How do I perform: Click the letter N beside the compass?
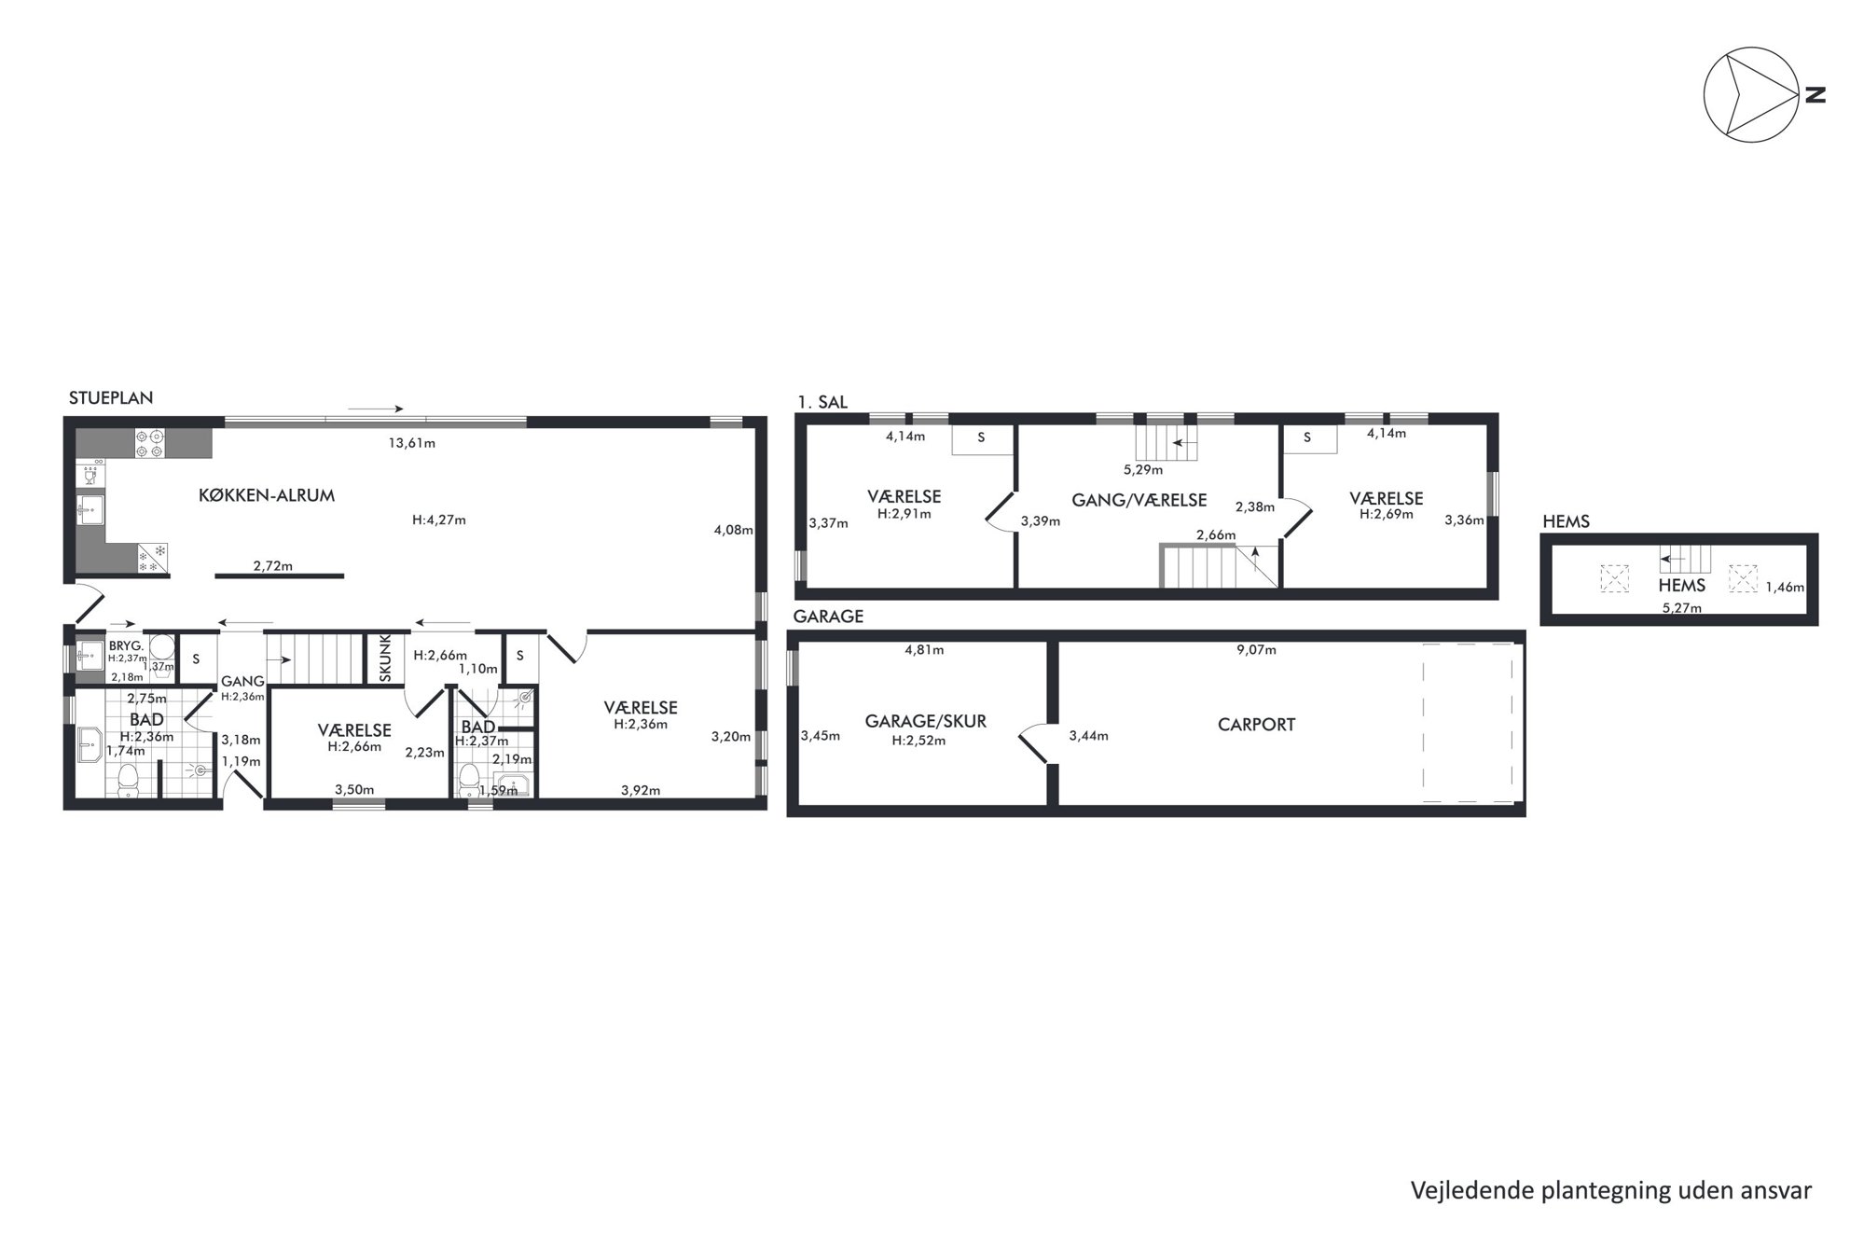pyautogui.click(x=1815, y=94)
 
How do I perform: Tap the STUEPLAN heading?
pyautogui.click(x=111, y=397)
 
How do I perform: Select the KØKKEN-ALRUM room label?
pyautogui.click(x=267, y=495)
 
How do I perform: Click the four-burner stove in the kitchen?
pyautogui.click(x=150, y=442)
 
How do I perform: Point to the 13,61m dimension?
pyautogui.click(x=412, y=443)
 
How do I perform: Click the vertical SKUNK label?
pyautogui.click(x=385, y=658)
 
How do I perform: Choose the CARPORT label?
pyautogui.click(x=1256, y=724)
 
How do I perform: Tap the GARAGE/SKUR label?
pyautogui.click(x=925, y=721)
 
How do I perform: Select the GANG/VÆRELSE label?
pyautogui.click(x=1139, y=500)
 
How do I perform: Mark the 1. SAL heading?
pyautogui.click(x=822, y=402)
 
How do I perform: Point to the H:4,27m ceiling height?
pyautogui.click(x=439, y=520)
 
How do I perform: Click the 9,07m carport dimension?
pyautogui.click(x=1256, y=649)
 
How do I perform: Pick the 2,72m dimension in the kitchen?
pyautogui.click(x=273, y=565)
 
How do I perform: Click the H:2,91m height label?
pyautogui.click(x=904, y=513)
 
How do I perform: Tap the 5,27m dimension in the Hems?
pyautogui.click(x=1681, y=608)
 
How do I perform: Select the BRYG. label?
pyautogui.click(x=126, y=645)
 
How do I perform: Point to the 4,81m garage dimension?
pyautogui.click(x=924, y=649)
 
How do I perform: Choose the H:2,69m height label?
pyautogui.click(x=1386, y=513)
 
